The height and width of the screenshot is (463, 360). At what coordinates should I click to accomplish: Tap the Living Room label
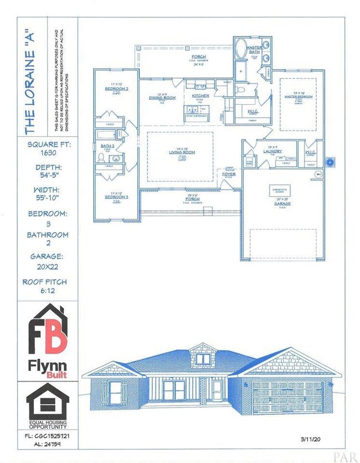pyautogui.click(x=180, y=152)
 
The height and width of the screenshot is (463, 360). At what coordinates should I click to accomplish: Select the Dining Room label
pyautogui.click(x=162, y=97)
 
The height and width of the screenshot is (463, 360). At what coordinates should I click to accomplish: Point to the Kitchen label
pyautogui.click(x=200, y=96)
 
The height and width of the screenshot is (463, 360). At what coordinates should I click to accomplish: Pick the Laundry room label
pyautogui.click(x=272, y=150)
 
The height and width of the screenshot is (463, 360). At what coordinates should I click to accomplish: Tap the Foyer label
pyautogui.click(x=229, y=174)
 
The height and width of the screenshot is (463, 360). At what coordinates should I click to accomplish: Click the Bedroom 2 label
pyautogui.click(x=116, y=89)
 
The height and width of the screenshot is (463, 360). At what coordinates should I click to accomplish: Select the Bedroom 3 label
pyautogui.click(x=116, y=197)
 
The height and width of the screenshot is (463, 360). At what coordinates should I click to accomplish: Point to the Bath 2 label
pyautogui.click(x=107, y=146)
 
